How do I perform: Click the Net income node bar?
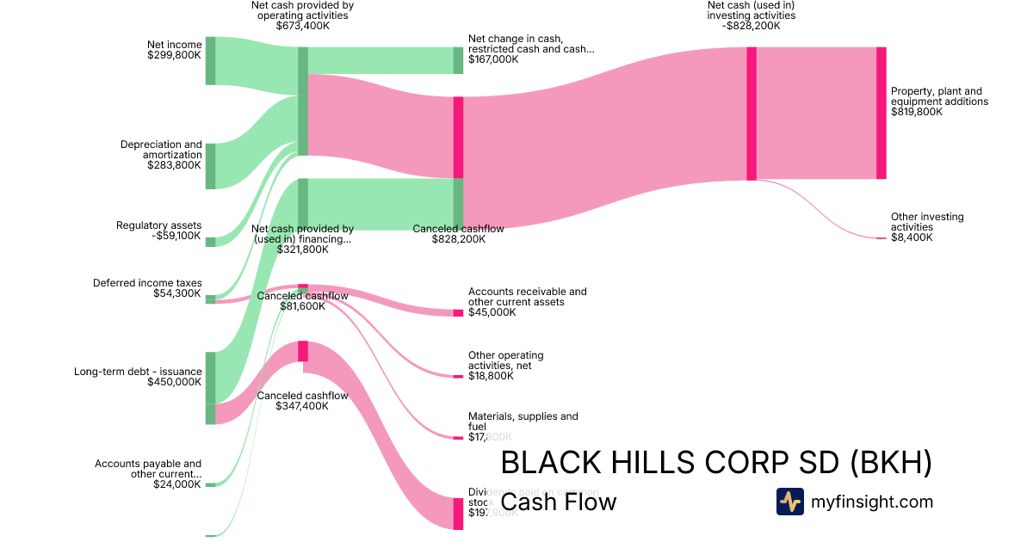coord(210,61)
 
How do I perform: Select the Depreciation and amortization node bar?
coord(210,166)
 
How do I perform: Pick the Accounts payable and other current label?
coord(148,469)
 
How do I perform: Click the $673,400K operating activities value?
coord(302,26)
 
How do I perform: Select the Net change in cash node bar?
coord(458,60)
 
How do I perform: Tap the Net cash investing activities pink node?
coord(752,114)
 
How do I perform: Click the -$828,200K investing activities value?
coord(752,26)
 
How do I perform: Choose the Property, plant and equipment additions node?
coord(881,113)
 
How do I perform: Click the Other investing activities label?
coord(927,222)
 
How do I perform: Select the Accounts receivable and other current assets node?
coord(458,312)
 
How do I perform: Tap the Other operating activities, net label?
coord(506,360)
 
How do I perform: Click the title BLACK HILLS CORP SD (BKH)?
coord(716,463)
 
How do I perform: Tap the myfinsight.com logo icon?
coord(789,502)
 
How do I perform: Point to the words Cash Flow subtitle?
coord(559,502)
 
